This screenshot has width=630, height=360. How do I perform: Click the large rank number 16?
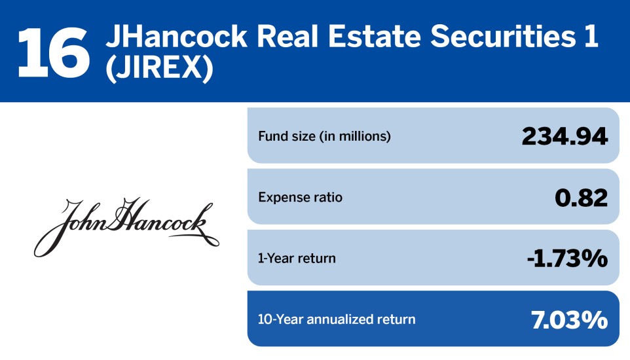(x=52, y=51)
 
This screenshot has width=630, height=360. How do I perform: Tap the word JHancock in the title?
(x=176, y=38)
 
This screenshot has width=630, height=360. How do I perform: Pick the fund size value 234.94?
(x=565, y=136)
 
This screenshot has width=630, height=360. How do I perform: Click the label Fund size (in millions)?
(x=324, y=137)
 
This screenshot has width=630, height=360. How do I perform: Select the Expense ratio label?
(x=300, y=197)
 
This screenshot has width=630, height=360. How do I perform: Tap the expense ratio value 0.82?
(x=581, y=197)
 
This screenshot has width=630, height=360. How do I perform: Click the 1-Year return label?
(x=297, y=258)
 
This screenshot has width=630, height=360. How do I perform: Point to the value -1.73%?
(x=567, y=258)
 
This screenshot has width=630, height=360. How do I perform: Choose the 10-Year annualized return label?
(x=337, y=319)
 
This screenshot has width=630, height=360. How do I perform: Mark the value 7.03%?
(x=569, y=319)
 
